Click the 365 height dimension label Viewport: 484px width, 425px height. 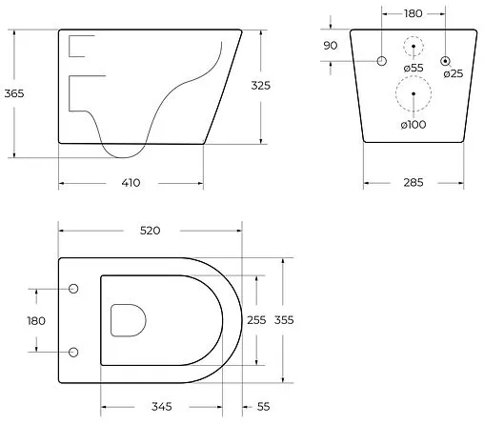[x=14, y=93]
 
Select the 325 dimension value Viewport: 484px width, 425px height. [x=261, y=86]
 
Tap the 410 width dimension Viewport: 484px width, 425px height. [x=131, y=183]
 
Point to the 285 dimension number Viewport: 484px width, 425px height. [x=413, y=182]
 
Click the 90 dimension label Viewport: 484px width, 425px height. [x=331, y=46]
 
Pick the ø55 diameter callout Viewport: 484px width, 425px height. [x=413, y=68]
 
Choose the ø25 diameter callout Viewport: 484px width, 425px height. [x=454, y=73]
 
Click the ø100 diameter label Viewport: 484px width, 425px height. [x=413, y=125]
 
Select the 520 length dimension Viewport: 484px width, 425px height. [x=151, y=231]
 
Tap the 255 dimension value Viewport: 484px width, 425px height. [x=256, y=320]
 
